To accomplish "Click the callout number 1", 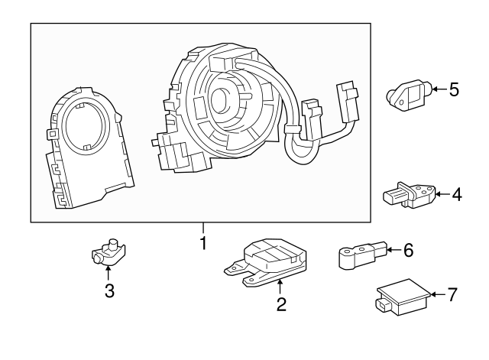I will click(x=203, y=244).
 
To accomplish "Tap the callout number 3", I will click(x=109, y=291).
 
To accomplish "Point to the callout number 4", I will click(x=456, y=195).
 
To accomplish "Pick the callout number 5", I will click(x=453, y=91).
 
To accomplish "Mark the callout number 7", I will click(x=452, y=294).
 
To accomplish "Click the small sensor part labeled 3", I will click(x=107, y=254).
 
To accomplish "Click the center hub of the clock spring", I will click(x=225, y=98).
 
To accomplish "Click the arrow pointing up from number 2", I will click(x=280, y=286).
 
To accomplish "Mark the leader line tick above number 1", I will click(x=203, y=229).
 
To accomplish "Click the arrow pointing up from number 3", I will click(x=109, y=272).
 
